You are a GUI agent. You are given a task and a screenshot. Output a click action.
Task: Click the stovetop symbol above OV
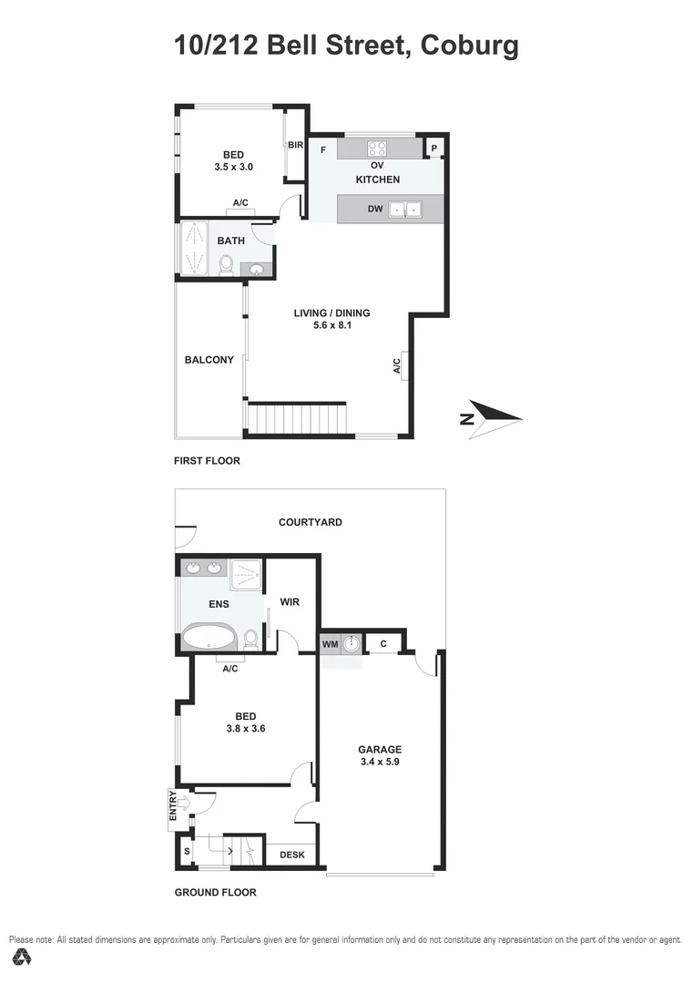(x=378, y=149)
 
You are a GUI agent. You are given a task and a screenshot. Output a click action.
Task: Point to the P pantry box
(x=434, y=149)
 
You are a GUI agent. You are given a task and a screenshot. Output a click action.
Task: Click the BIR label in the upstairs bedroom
(x=295, y=145)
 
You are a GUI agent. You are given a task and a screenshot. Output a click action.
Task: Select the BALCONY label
(x=209, y=360)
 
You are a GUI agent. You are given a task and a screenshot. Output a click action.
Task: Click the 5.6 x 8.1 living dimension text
(x=332, y=325)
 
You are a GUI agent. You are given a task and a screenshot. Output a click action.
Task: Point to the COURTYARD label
(x=311, y=522)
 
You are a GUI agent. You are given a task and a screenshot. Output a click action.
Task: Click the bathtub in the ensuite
(x=209, y=637)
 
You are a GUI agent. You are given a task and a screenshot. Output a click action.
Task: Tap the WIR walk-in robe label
(x=290, y=602)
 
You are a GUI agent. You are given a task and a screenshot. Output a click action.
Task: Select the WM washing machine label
(x=330, y=644)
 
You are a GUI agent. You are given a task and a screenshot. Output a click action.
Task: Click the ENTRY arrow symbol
(x=183, y=803)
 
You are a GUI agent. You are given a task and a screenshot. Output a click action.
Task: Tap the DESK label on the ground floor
(x=291, y=855)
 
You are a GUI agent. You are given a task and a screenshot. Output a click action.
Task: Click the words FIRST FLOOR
(x=207, y=461)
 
